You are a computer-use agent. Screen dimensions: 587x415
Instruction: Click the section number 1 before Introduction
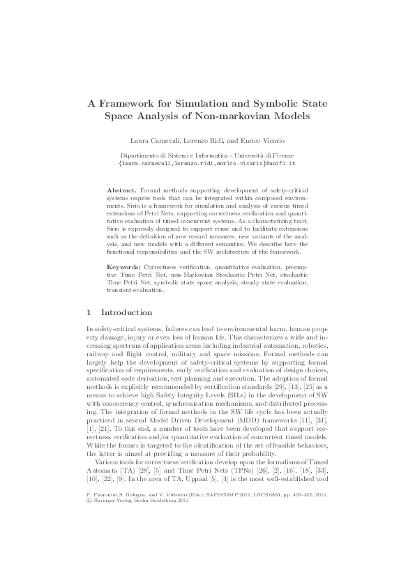coord(88,312)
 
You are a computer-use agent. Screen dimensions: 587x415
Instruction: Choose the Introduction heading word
coord(127,312)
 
